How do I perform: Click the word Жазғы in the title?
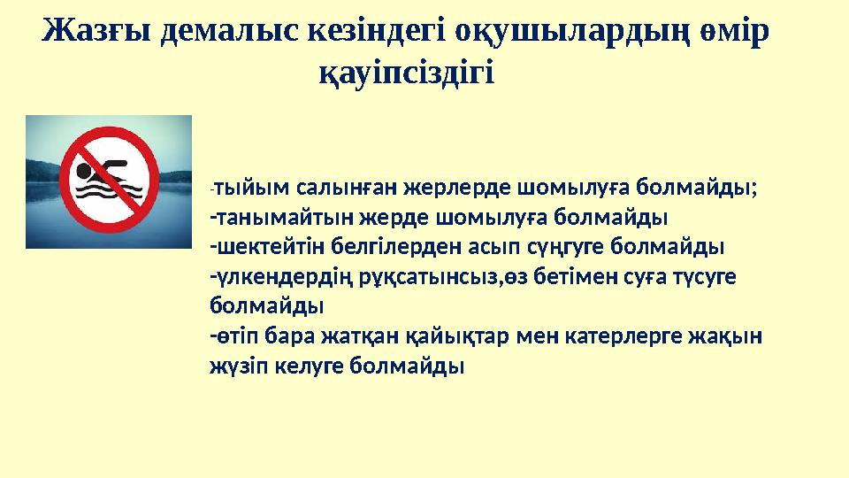click(97, 33)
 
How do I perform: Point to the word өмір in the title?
click(730, 33)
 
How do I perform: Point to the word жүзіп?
click(232, 366)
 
